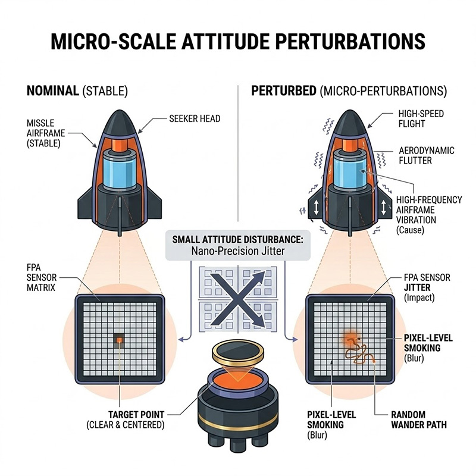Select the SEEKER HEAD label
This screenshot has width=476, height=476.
click(x=195, y=118)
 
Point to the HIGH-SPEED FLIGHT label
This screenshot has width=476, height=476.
click(x=421, y=118)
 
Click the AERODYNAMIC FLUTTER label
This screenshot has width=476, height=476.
click(x=427, y=155)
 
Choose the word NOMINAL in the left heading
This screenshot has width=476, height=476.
click(x=53, y=91)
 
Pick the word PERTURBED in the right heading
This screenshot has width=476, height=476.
click(x=284, y=91)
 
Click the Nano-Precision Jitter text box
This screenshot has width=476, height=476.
click(x=238, y=245)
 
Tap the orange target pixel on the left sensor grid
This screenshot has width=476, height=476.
click(x=120, y=339)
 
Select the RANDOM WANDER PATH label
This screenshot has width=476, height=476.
click(x=419, y=419)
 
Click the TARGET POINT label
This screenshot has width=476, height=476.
click(x=136, y=415)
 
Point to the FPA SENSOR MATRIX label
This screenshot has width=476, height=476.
click(x=42, y=277)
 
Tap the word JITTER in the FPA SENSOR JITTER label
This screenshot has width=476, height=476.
click(x=417, y=287)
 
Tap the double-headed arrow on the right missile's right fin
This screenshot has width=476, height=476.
click(x=383, y=208)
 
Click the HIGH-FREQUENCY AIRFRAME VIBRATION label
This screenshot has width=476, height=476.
click(x=429, y=215)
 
